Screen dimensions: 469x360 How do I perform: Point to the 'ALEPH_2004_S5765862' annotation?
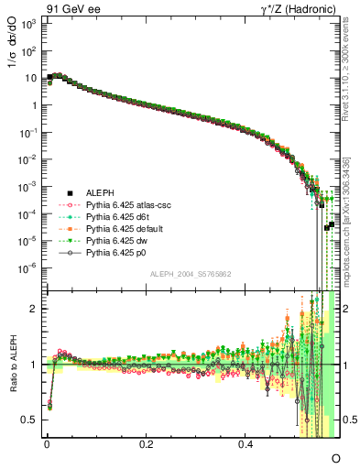(191, 274)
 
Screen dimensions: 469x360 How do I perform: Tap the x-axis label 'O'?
(335, 457)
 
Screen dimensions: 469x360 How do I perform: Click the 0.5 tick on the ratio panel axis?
(32, 420)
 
